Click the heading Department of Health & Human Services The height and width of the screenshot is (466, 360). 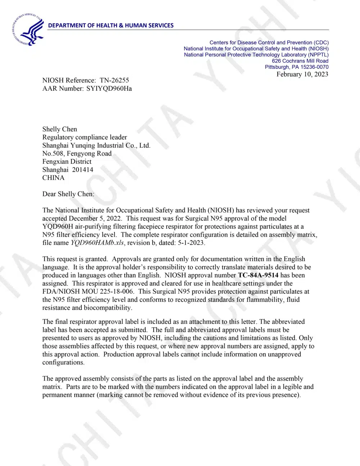click(111, 26)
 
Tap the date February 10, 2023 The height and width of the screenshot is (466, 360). click(302, 74)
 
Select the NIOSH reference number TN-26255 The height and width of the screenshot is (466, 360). click(114, 80)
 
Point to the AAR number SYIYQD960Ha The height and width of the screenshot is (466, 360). click(109, 89)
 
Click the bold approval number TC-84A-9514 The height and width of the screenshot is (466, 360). click(258, 275)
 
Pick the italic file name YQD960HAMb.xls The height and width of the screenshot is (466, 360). click(98, 243)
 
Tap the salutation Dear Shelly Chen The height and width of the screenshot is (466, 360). click(68, 194)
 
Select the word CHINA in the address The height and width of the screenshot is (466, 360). click(53, 178)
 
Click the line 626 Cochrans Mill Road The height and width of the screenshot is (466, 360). click(300, 61)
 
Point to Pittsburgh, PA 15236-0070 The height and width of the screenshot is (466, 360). click(297, 67)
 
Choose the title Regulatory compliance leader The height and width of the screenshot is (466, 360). click(85, 137)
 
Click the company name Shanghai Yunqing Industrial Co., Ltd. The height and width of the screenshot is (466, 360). click(96, 145)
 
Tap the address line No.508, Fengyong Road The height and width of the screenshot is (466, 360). click(77, 153)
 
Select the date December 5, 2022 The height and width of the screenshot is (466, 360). click(95, 218)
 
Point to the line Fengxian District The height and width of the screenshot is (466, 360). click(67, 162)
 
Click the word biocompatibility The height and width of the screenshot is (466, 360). click(107, 308)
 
